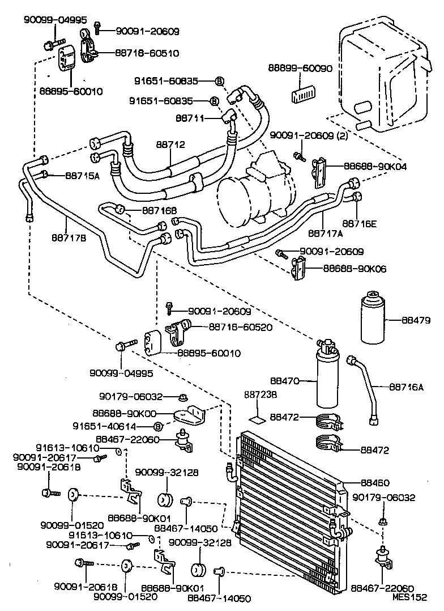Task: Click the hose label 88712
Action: point(170,145)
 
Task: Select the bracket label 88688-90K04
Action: point(375,167)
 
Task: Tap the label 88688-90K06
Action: point(355,269)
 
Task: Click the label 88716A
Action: point(407,387)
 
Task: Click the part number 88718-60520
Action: point(241,327)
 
